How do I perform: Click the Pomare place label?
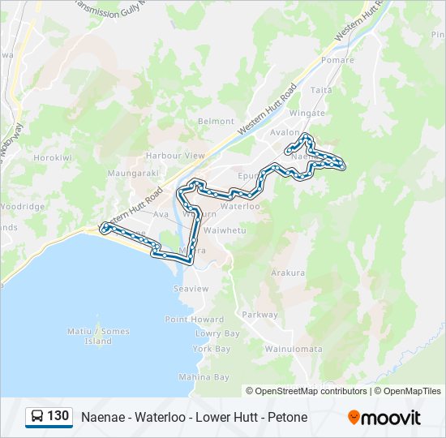(337, 61)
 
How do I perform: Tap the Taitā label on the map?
(321, 90)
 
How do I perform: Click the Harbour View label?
(175, 155)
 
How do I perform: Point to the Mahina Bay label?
(204, 377)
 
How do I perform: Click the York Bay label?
(212, 349)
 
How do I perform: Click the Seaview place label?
(191, 289)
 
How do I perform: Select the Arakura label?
(288, 273)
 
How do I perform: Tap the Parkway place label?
(259, 315)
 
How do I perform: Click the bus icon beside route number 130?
(37, 416)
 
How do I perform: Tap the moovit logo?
(384, 418)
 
